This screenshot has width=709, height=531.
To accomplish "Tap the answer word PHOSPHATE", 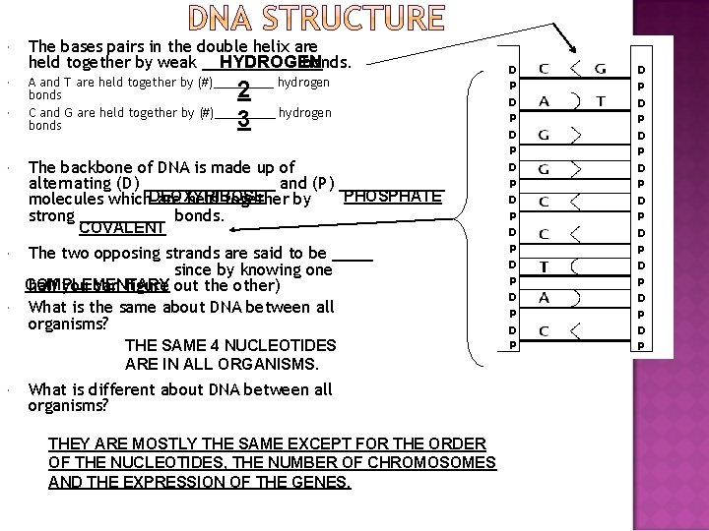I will click(x=393, y=197).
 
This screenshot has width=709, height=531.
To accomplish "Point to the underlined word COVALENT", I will click(x=121, y=228).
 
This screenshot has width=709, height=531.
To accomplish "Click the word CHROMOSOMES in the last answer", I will click(x=428, y=463).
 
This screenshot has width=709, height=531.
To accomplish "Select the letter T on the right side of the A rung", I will click(x=600, y=101).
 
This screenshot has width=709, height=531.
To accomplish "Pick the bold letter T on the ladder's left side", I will click(x=544, y=265).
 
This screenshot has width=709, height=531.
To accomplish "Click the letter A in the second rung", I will click(x=544, y=101).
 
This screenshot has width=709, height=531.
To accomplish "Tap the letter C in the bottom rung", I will click(x=544, y=329).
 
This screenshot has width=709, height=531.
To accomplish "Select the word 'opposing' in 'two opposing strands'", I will click(x=132, y=253).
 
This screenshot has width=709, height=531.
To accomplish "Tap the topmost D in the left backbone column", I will click(x=512, y=71).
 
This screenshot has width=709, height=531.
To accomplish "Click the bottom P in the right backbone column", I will click(x=641, y=345).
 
